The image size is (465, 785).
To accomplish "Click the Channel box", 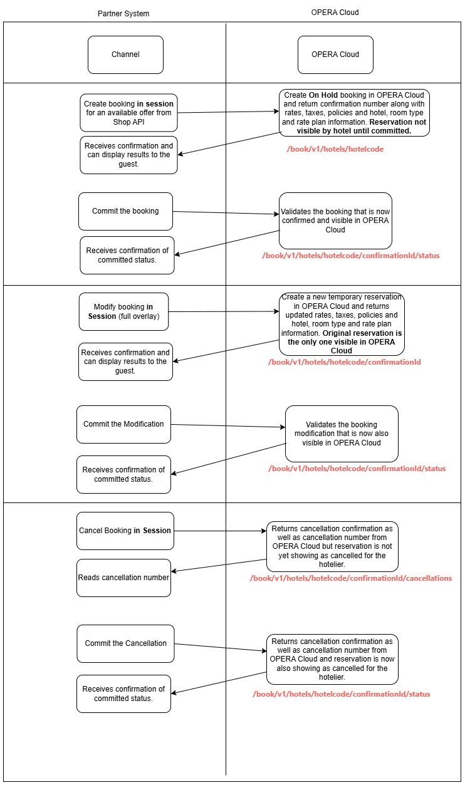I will coord(125,55).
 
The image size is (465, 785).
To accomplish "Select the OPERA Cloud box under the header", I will coord(335,55).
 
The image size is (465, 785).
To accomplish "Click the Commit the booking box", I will coord(125,211).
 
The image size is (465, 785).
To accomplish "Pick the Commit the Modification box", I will coord(123,424).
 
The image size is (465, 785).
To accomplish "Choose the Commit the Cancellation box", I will coord(125,643).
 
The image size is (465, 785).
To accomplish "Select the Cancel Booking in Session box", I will coord(125,531).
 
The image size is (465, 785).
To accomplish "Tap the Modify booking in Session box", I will coord(123,311).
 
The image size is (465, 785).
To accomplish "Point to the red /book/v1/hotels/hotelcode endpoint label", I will coord(335,149).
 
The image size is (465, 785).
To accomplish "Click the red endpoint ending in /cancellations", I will coord(350,578).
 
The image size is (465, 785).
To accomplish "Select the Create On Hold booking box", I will coord(354,113).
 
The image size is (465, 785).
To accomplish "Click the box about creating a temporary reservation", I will coord(342,324).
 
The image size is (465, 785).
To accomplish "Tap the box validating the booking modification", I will coord(342,434).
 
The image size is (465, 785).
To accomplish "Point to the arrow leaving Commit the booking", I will coord(226,213).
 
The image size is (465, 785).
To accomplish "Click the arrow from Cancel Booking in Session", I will coord(219,531).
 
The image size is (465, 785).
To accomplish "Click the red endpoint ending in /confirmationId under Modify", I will coord(344,362).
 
